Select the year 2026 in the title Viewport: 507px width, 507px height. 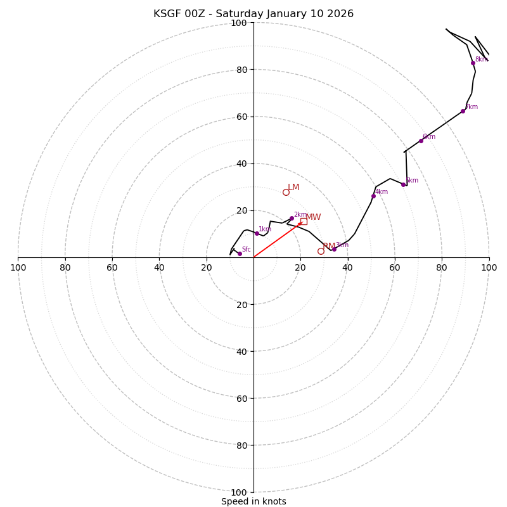pos(340,14)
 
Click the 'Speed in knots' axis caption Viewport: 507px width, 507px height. pos(253,501)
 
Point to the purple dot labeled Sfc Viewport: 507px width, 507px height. pos(240,253)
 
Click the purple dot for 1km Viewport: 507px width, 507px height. pos(257,233)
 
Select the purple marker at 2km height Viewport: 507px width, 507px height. pos(292,218)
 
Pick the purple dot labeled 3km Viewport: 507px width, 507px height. pos(334,249)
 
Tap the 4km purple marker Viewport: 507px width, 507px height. pos(373,196)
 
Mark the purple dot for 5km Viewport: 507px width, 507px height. pos(403,184)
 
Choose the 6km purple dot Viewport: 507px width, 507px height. pos(421,141)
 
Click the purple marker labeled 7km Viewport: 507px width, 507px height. pos(463,111)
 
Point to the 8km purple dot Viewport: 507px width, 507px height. pos(473,63)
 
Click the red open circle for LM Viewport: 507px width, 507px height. pos(286,192)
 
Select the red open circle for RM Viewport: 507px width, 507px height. pos(321,251)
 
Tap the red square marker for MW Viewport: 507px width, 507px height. pos(304,221)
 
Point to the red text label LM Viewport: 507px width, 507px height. pos(293,187)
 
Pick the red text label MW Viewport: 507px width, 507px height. pos(313,217)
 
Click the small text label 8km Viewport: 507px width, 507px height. pos(481,59)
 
